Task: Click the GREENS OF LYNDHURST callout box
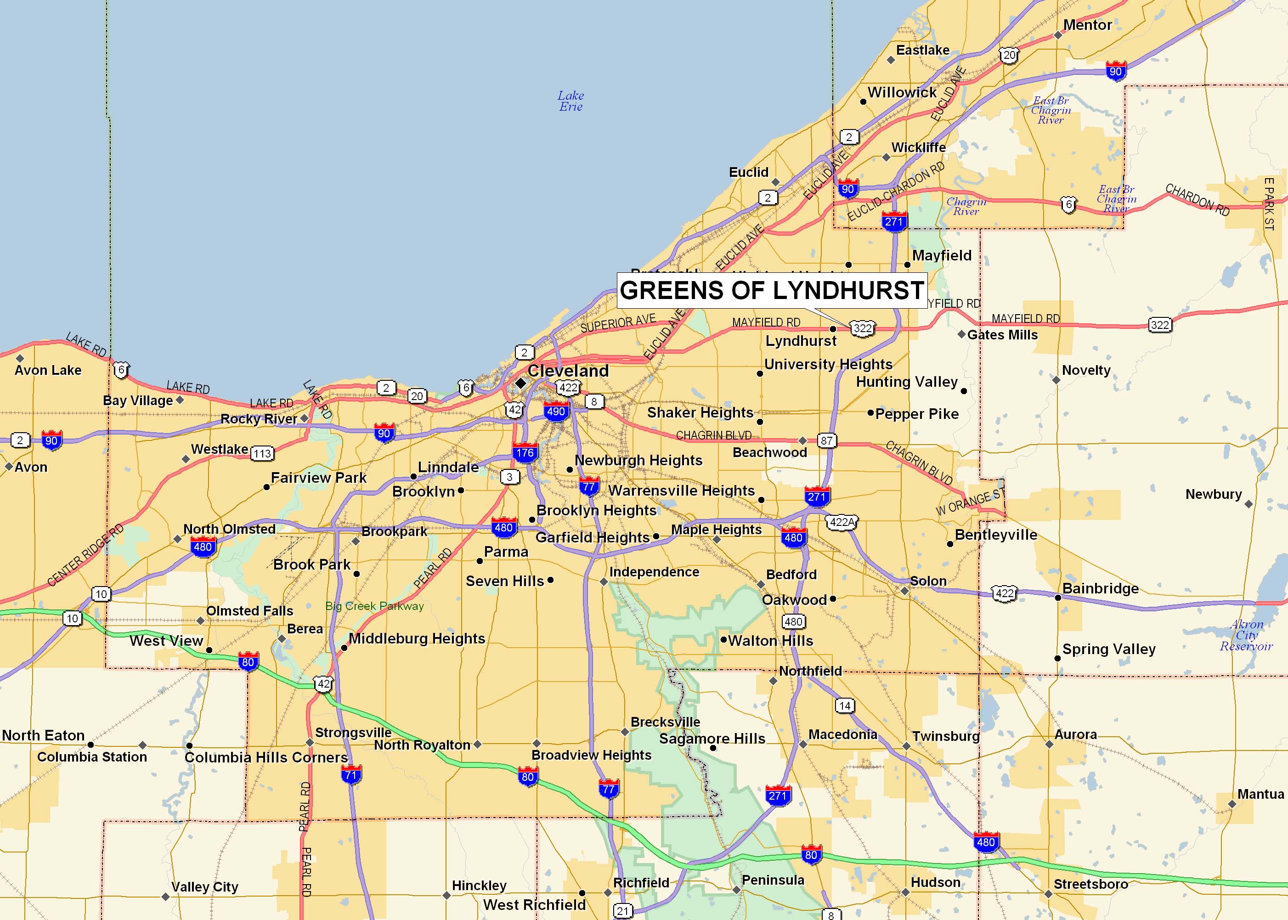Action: point(771,290)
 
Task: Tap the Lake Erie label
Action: point(571,102)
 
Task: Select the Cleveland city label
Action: point(568,371)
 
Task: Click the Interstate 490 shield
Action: point(556,412)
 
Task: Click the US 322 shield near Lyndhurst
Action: point(862,328)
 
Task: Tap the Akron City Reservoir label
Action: point(1246,635)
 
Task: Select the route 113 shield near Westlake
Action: point(262,453)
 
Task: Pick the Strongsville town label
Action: point(353,733)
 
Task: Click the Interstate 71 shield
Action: point(351,775)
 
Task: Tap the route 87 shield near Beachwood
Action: point(826,441)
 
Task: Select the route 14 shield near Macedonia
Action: point(845,706)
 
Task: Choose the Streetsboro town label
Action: point(1090,884)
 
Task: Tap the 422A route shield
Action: point(842,522)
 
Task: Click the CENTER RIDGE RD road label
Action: point(85,556)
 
